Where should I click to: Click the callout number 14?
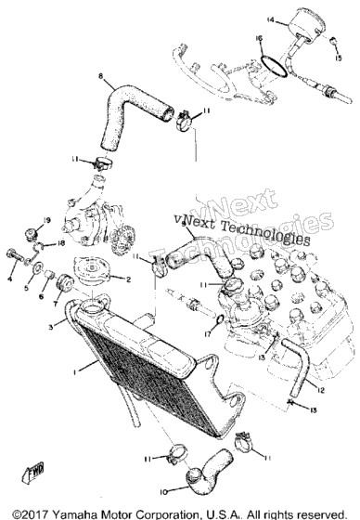pos(271,20)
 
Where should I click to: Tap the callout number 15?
pos(338,58)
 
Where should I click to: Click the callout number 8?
pos(101,76)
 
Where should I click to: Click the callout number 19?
pos(46,220)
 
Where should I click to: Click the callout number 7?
pos(55,304)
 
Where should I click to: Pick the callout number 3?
pos(51,327)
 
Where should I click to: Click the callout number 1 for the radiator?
pos(75,372)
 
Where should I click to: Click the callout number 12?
pos(320,390)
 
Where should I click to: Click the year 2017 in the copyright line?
pos(35,514)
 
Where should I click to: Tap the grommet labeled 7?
pos(64,283)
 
